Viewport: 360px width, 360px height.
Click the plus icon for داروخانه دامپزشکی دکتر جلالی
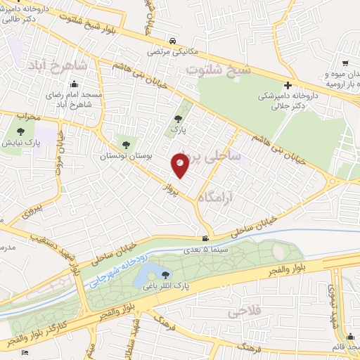pos(288,85)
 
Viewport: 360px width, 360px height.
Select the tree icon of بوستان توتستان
pos(126,145)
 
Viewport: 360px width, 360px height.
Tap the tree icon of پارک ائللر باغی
pos(166,274)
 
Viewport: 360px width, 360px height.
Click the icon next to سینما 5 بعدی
pos(205,240)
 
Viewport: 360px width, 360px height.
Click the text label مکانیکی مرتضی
pos(174,51)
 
